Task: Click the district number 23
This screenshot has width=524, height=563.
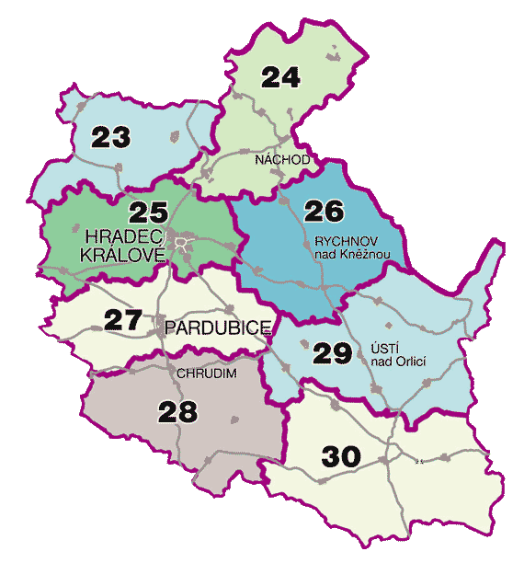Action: [x=111, y=138]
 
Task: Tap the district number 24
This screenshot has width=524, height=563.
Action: [x=281, y=77]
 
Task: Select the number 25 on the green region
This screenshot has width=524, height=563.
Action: [x=148, y=213]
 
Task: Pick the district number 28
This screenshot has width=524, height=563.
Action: [x=177, y=411]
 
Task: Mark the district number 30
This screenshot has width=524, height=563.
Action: [x=342, y=454]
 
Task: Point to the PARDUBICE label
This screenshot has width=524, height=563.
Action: [x=218, y=327]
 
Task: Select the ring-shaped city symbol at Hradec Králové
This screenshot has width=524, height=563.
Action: [x=185, y=244]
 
